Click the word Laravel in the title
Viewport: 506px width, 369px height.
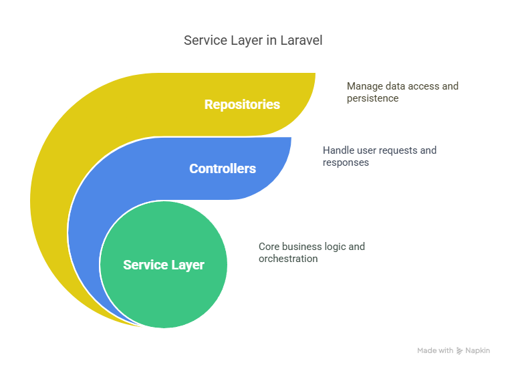click(x=301, y=40)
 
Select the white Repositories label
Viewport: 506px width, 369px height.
click(x=242, y=104)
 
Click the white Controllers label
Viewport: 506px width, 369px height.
click(x=223, y=168)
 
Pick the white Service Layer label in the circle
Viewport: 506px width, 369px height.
click(x=164, y=265)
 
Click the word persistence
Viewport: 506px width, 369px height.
click(x=373, y=98)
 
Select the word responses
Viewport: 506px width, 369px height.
click(x=346, y=162)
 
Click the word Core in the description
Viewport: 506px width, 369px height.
click(x=269, y=247)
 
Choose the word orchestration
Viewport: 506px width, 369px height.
click(x=288, y=259)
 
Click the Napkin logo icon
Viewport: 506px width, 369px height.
click(x=459, y=351)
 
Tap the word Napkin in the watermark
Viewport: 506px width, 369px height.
click(x=478, y=350)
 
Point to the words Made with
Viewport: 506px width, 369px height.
click(x=435, y=350)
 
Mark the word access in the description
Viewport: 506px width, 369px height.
click(x=424, y=86)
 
